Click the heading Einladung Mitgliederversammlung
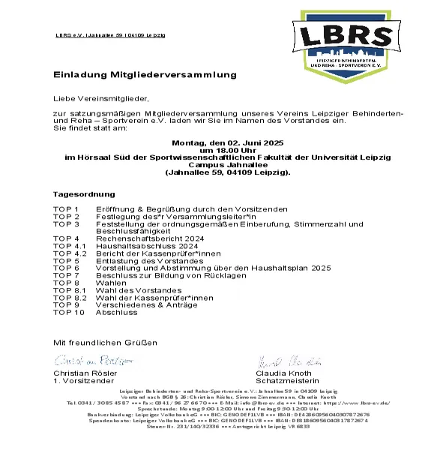pos(145,75)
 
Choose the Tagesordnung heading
pos(84,193)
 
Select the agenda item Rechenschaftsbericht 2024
pos(139,238)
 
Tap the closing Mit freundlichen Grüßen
pos(105,342)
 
